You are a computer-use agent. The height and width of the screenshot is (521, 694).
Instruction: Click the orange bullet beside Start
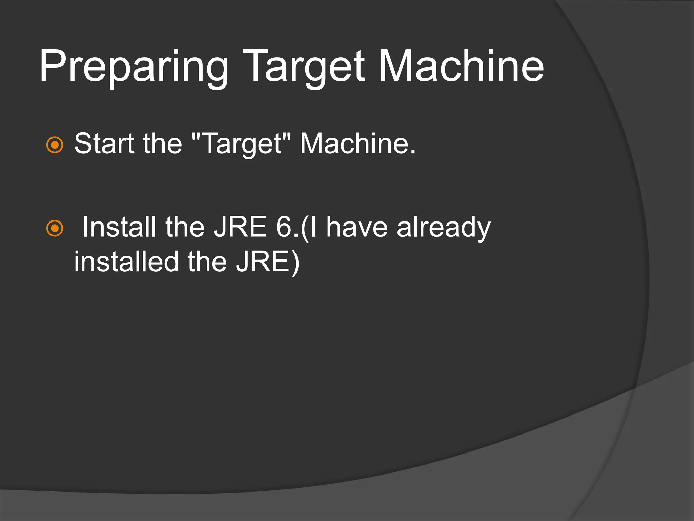[55, 145]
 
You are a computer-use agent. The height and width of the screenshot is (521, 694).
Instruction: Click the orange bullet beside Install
[55, 228]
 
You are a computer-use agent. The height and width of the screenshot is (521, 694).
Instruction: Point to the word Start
[104, 143]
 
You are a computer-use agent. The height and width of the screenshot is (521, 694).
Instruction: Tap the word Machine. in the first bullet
[358, 143]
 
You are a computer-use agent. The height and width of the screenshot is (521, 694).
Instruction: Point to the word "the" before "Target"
[162, 143]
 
